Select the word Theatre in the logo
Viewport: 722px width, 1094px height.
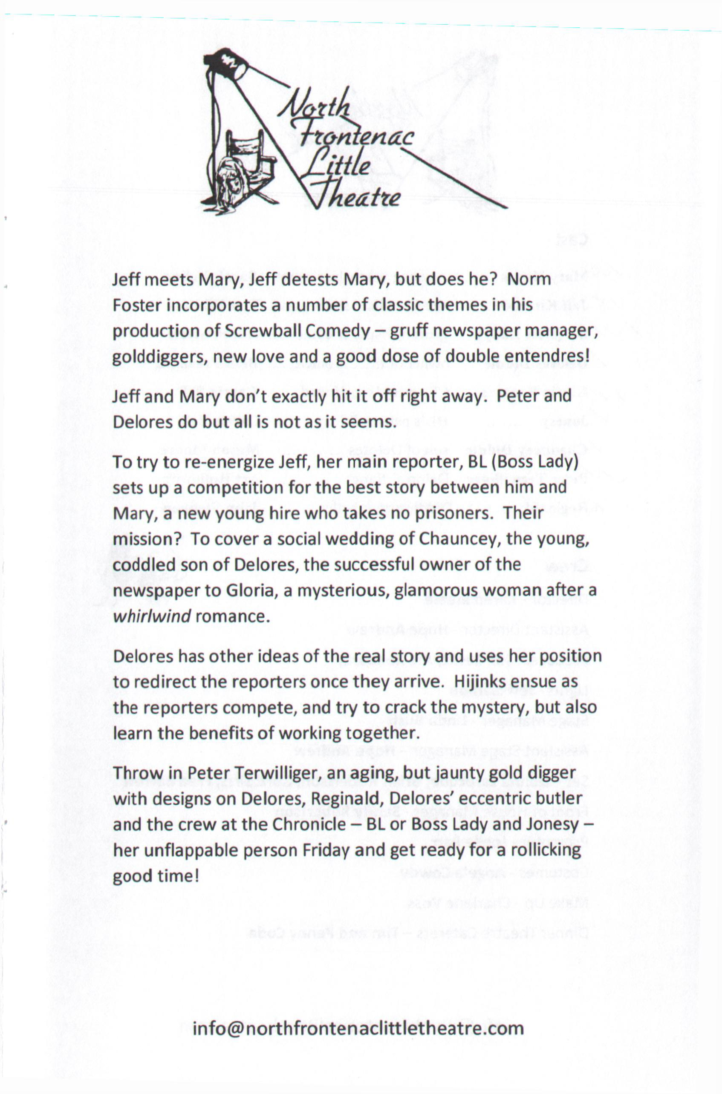point(355,196)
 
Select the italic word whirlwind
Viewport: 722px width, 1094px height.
point(151,616)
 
